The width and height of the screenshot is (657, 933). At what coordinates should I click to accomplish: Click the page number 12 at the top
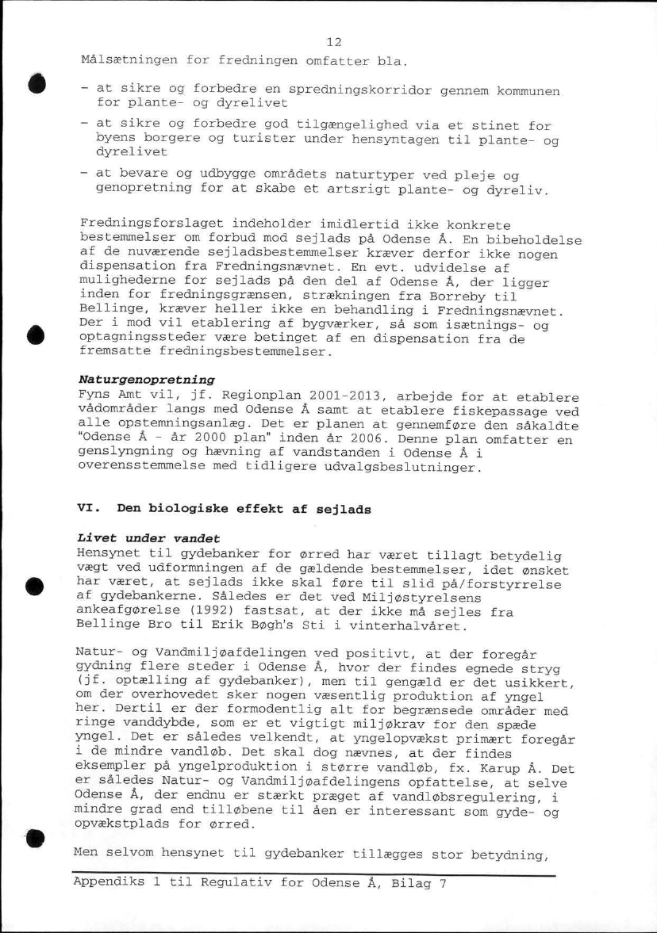point(333,42)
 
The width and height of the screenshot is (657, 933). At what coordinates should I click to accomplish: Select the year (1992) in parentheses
point(229,612)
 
